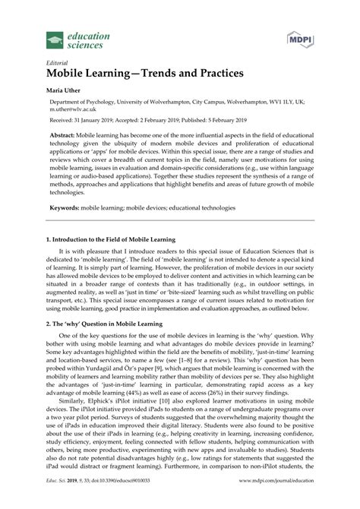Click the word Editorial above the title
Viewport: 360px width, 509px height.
[58, 64]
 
